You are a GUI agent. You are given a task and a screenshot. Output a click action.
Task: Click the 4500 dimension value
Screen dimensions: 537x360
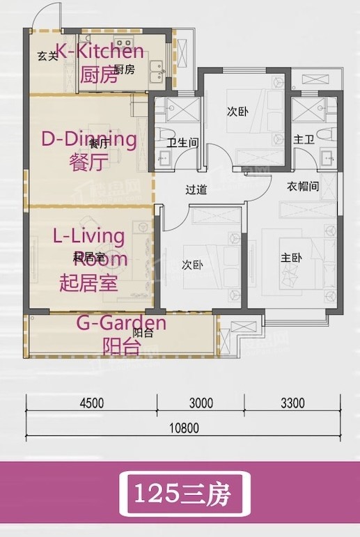[91, 403]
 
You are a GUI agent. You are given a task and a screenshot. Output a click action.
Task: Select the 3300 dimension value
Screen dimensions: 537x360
[293, 403]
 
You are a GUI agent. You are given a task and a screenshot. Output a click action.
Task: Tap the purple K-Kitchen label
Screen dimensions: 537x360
[100, 51]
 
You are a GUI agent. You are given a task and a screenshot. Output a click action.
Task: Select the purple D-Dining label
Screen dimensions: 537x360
[89, 139]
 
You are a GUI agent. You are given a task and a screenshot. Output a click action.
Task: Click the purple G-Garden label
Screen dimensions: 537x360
[120, 322]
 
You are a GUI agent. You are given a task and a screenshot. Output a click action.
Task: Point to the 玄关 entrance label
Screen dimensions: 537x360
[47, 57]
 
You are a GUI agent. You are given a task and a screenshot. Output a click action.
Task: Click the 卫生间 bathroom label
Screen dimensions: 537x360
[182, 143]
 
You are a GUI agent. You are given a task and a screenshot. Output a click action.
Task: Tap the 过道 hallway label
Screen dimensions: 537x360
[196, 189]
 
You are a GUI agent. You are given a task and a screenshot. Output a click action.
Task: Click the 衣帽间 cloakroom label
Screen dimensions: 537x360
[304, 187]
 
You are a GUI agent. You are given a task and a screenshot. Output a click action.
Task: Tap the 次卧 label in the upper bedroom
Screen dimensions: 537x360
[237, 111]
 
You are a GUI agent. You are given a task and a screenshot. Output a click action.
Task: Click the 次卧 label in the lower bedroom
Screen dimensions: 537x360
[192, 265]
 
